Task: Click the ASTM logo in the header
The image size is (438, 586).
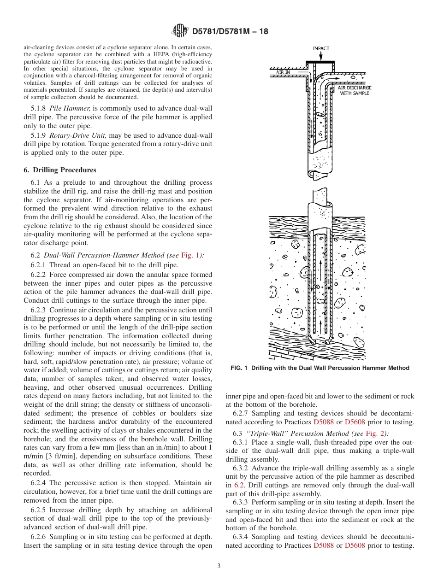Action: pos(180,31)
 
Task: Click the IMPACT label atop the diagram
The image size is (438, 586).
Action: pos(321,48)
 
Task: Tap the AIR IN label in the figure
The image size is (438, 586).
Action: pos(283,72)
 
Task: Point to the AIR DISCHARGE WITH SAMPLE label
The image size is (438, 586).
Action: pos(354,90)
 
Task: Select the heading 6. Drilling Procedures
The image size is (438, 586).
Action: pos(60,170)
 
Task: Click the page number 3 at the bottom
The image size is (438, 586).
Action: pos(219,566)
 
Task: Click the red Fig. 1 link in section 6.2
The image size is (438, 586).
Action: pos(189,255)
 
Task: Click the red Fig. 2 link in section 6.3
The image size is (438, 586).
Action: pos(374,434)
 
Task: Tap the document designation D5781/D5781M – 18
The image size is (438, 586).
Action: pos(230,31)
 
